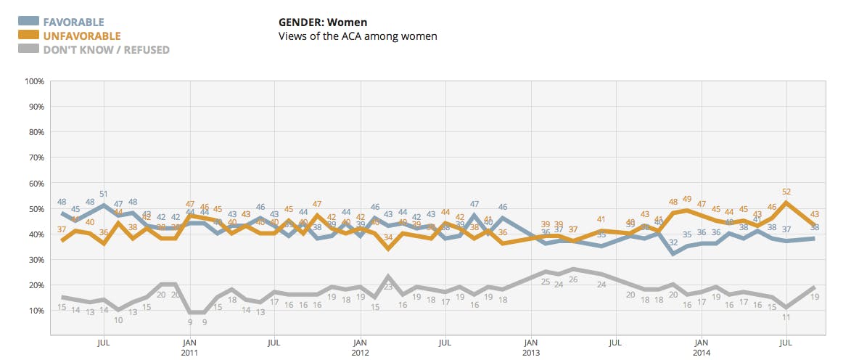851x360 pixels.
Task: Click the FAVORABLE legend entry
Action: (73, 22)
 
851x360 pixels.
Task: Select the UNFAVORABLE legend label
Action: (81, 36)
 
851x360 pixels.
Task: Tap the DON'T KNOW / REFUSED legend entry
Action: (106, 50)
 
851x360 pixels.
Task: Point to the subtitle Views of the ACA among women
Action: (358, 36)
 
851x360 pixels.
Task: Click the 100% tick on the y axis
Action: (35, 81)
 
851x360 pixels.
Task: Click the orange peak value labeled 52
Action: (786, 192)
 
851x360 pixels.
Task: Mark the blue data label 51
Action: (104, 194)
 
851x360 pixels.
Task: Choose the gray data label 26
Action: (573, 279)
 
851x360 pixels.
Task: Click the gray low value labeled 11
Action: (786, 318)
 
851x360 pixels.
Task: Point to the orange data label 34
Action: (389, 237)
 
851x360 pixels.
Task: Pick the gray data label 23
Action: (389, 287)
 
